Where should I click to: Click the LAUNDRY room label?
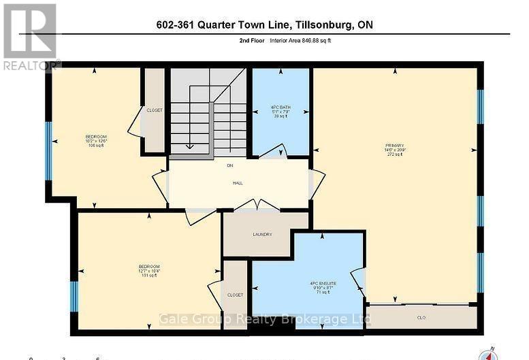263,235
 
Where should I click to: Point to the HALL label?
238,183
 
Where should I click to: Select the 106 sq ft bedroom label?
96,141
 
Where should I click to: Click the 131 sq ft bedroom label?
149,269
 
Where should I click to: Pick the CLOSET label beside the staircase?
155,110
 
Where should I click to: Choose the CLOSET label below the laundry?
235,295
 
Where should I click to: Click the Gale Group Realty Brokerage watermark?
264,319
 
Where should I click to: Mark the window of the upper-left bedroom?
48,151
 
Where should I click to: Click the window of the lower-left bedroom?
74,297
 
